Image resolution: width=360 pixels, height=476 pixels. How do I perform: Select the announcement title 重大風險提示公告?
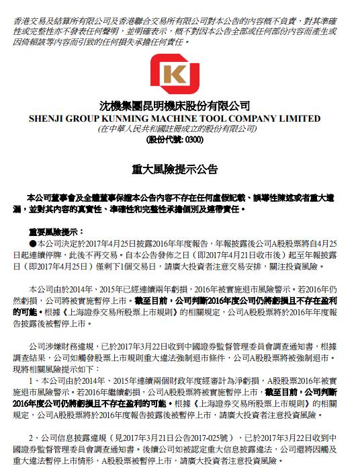pos(179,169)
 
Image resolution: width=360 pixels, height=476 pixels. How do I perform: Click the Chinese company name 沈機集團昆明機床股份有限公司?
pos(179,106)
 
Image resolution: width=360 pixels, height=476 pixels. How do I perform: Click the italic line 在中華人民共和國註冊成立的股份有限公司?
pos(179,128)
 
